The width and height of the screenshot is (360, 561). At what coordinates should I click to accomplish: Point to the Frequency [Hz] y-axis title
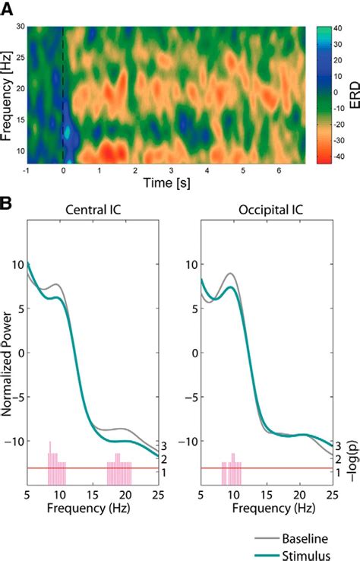pos(8,93)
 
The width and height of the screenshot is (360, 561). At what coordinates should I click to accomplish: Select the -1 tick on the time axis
pos(27,170)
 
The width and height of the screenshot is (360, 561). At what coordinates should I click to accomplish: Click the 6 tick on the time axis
pos(280,170)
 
